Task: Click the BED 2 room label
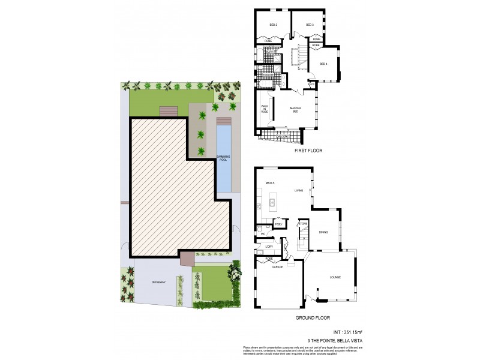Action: pyautogui.click(x=273, y=25)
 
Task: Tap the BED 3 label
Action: pyautogui.click(x=310, y=25)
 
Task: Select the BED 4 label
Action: pyautogui.click(x=323, y=64)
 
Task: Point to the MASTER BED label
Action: pyautogui.click(x=295, y=110)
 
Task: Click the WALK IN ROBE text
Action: pyautogui.click(x=264, y=110)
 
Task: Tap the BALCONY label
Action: pyautogui.click(x=282, y=136)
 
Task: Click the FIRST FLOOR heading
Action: pyautogui.click(x=308, y=151)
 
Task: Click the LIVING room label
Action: pyautogui.click(x=299, y=191)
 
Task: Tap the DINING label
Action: pyautogui.click(x=323, y=232)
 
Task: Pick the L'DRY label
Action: pyautogui.click(x=269, y=247)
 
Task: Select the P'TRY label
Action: pyautogui.click(x=278, y=224)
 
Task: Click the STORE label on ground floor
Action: pyautogui.click(x=304, y=224)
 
